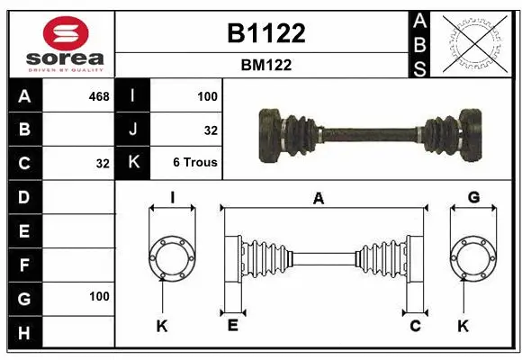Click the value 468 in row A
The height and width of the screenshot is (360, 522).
(x=99, y=95)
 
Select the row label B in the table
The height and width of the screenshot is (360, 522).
(x=24, y=130)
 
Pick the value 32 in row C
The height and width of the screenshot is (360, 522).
(x=102, y=164)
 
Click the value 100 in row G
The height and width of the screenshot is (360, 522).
(x=99, y=296)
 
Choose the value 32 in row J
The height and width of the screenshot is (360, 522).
(x=211, y=130)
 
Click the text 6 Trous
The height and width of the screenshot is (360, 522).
(x=195, y=163)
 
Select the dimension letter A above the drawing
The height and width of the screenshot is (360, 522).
(x=318, y=199)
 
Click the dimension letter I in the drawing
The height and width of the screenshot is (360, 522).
(x=172, y=197)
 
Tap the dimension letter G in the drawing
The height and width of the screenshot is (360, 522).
(x=473, y=197)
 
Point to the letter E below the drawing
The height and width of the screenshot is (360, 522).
(x=232, y=325)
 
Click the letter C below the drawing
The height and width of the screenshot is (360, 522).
(x=416, y=325)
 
